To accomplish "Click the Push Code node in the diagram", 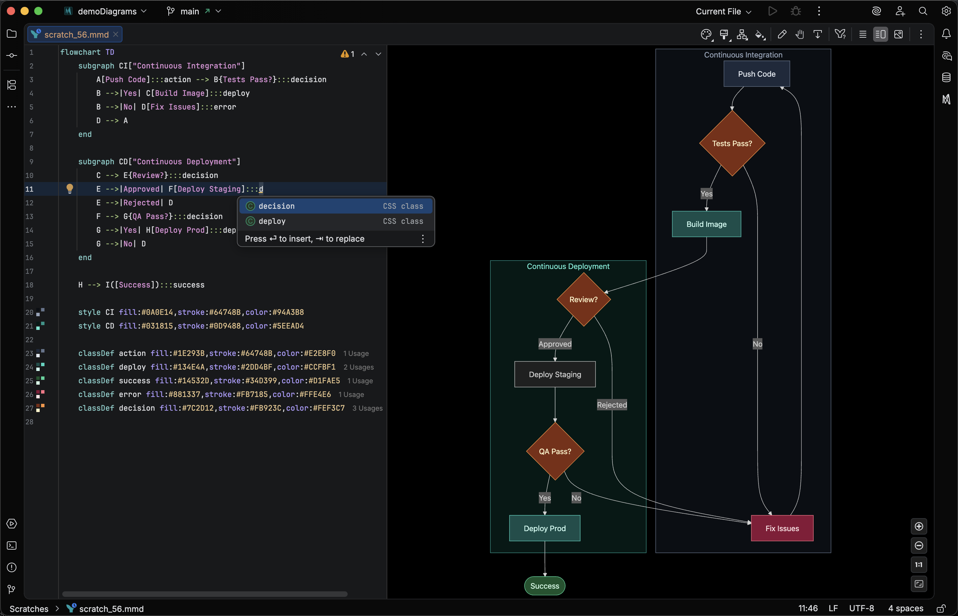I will coord(756,74).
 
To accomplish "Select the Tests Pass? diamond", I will coord(732,143).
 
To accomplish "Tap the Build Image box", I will coord(706,224).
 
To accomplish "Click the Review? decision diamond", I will coord(583,299).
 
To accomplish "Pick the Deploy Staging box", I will coord(555,374).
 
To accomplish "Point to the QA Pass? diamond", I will coord(555,451).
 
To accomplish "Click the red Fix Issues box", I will coord(782,528).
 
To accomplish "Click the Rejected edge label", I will coord(612,405).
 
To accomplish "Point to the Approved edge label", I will coord(555,344).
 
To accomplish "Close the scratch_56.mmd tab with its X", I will coord(116,35).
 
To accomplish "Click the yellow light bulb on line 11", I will coord(69,188).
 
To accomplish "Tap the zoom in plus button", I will coord(918,526).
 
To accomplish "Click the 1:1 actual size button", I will coord(918,564).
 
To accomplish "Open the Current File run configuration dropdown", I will coord(723,12).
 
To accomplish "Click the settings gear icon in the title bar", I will coord(946,11).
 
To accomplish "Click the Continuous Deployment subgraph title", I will coord(568,266).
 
